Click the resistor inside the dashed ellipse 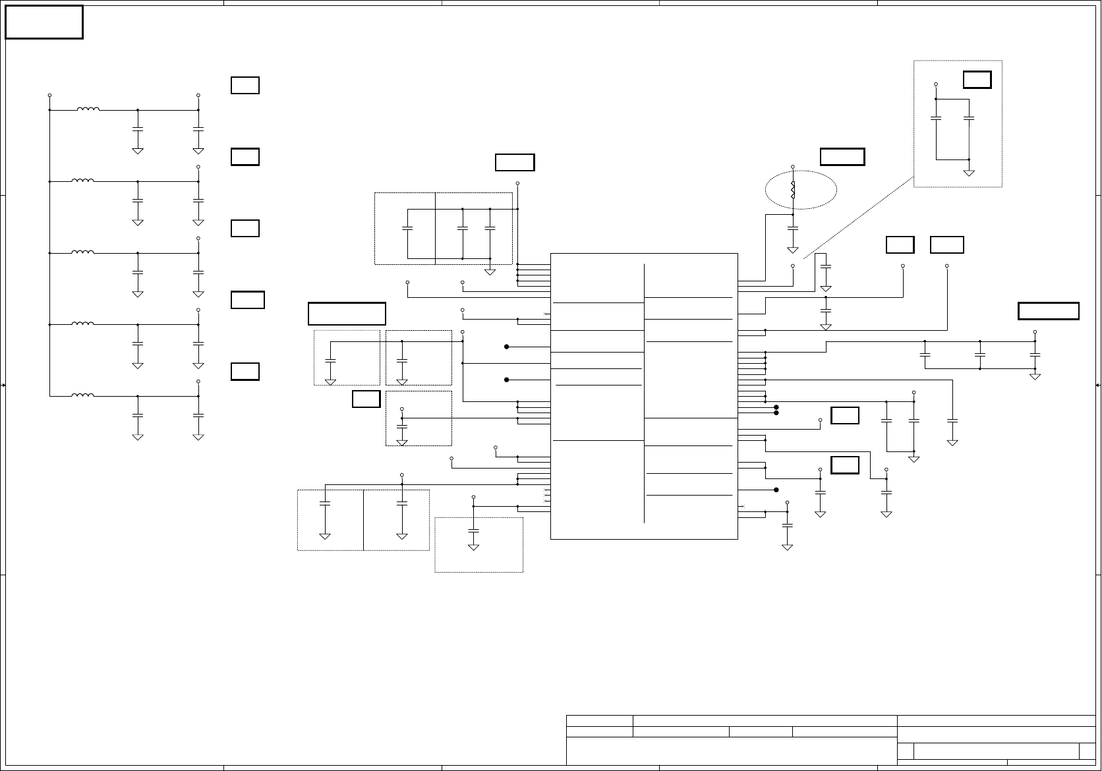(793, 190)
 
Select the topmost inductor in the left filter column (88, 109)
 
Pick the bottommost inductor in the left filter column (82, 395)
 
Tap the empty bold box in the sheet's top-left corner (44, 22)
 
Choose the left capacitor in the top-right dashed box (936, 118)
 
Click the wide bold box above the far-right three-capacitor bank (1048, 311)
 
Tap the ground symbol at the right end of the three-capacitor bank (1035, 376)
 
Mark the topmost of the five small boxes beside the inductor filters (245, 86)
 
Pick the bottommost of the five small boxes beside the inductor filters (245, 372)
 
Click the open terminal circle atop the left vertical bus (49, 96)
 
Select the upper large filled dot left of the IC (507, 347)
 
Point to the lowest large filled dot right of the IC (776, 490)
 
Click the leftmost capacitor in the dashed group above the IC (407, 228)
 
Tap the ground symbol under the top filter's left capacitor (138, 151)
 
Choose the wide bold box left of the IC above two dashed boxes (347, 314)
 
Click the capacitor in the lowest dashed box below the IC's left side (473, 530)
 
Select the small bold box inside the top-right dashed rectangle (977, 80)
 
